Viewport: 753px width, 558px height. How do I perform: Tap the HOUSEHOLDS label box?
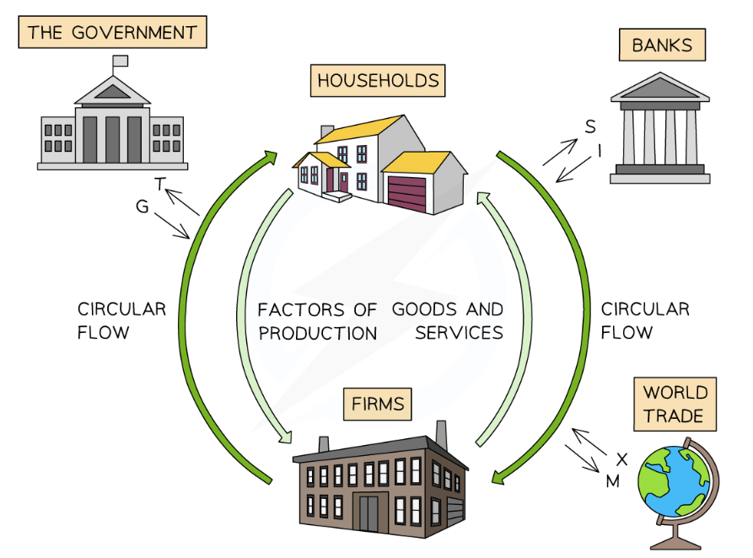[378, 81]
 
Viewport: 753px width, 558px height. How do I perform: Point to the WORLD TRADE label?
[675, 405]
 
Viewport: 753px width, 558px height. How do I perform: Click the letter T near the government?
[160, 183]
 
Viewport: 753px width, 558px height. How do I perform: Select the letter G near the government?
[142, 206]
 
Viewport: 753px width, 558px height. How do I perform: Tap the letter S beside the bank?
[590, 126]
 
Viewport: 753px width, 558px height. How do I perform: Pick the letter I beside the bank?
[600, 150]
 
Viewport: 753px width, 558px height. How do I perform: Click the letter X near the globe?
[622, 459]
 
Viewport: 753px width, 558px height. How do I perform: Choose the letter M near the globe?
[613, 481]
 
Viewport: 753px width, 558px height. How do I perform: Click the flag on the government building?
[120, 61]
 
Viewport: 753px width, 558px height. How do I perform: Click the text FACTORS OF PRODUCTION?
[318, 320]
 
